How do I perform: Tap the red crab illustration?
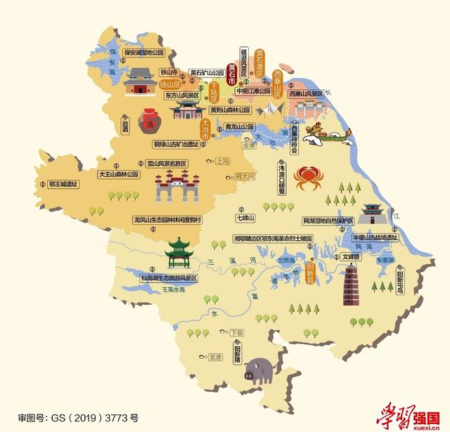click(307, 178)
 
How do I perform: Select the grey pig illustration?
click(258, 367)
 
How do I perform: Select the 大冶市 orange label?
click(205, 129)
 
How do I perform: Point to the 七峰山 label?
click(245, 219)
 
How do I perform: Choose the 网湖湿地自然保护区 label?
click(331, 221)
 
